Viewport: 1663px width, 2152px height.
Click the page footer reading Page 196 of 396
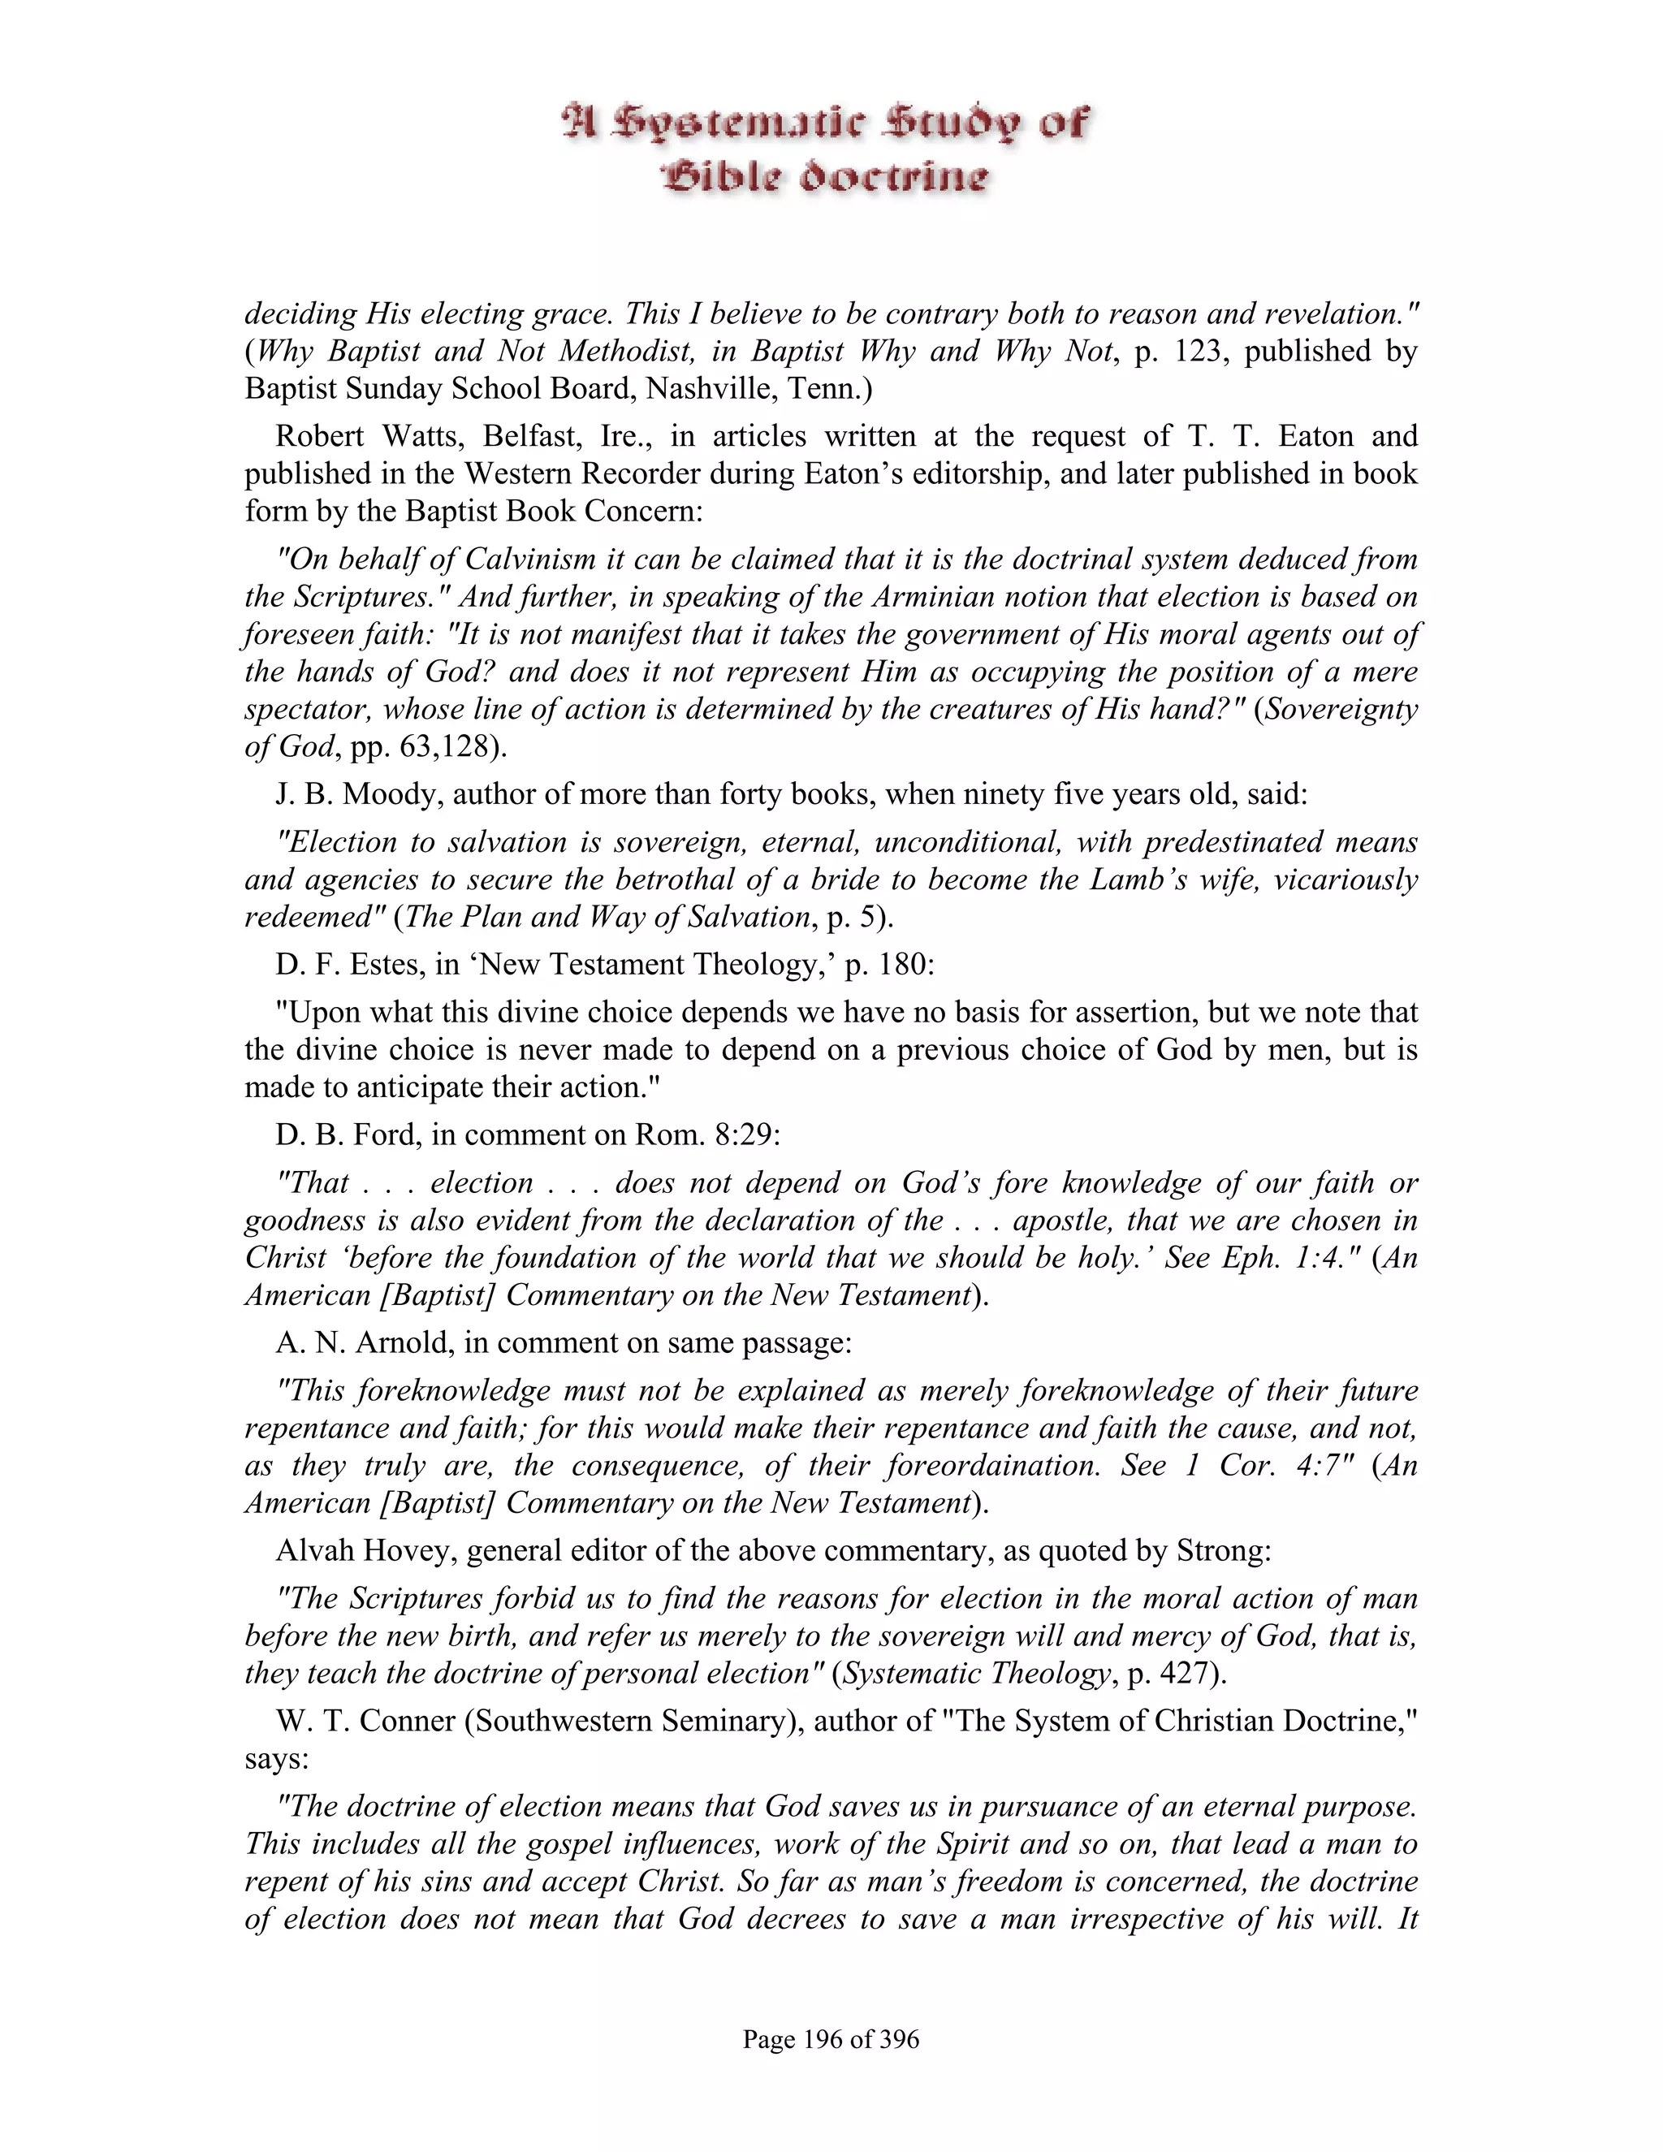pyautogui.click(x=831, y=2038)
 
